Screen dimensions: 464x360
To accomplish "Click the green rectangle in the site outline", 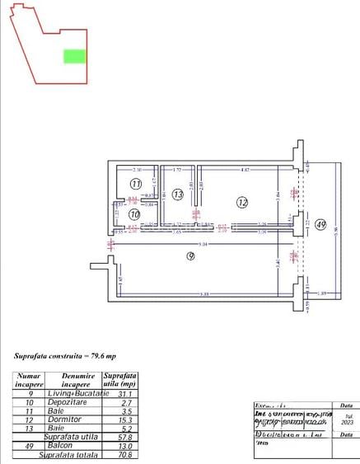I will coord(75,56).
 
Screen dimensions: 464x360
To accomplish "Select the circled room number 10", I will coord(135,214).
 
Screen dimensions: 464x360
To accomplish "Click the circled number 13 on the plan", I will coord(178,195).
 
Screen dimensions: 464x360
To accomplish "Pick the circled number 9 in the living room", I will coord(190,256).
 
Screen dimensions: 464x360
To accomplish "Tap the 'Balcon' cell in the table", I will coord(76,445).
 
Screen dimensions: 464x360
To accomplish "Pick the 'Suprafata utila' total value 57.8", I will coord(126,437).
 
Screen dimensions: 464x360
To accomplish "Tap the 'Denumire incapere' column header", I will coord(76,380).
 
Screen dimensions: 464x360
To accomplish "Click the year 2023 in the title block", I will coord(348,423).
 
